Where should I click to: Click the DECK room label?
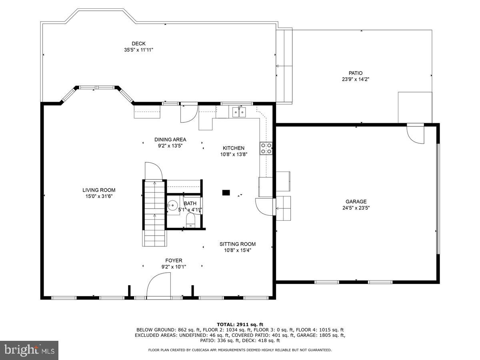[138, 44]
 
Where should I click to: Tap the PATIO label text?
[355, 73]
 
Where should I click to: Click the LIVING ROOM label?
[99, 190]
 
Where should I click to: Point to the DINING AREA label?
[170, 140]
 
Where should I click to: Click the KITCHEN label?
[233, 148]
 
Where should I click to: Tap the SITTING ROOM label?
[237, 244]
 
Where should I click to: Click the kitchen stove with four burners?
[266, 148]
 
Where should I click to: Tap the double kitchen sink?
[239, 112]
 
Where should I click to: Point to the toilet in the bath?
[191, 220]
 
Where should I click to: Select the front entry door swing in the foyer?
[159, 285]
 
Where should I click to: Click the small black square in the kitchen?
[226, 192]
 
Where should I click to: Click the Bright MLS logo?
[29, 350]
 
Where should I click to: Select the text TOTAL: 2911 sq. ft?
[240, 324]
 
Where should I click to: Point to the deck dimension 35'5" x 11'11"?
[138, 50]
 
